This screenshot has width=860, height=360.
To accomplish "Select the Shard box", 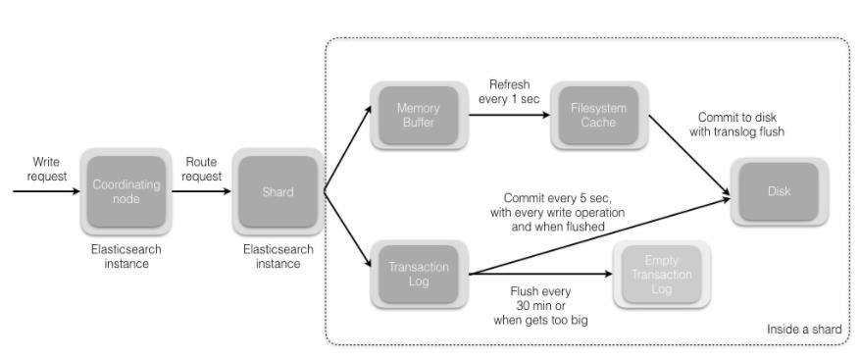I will [278, 191].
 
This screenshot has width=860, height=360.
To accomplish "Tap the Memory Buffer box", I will [418, 114].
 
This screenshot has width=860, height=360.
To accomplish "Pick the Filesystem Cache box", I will [593, 114].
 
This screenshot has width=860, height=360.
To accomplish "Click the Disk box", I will [778, 191].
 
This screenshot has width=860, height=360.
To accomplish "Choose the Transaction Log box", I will [418, 274].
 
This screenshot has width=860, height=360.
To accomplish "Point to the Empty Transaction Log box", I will [661, 274].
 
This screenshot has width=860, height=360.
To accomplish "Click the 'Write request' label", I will [45, 169].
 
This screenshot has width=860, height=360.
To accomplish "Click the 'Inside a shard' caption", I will [803, 330].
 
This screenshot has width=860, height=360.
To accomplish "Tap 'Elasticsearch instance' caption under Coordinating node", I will [126, 256].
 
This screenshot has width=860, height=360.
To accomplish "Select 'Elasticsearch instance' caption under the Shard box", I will [278, 256].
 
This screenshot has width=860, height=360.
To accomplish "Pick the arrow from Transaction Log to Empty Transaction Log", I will [539, 275].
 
